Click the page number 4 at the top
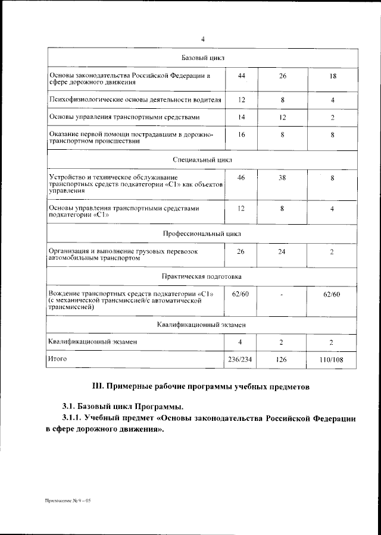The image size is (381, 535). click(x=202, y=39)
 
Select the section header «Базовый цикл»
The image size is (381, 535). click(x=202, y=58)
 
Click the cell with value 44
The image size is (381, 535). click(x=241, y=77)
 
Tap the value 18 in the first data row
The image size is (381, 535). click(x=332, y=77)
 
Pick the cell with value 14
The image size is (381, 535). click(x=241, y=118)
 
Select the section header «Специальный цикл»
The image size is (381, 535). click(x=202, y=160)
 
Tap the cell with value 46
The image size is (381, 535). click(x=241, y=178)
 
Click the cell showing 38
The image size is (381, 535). click(x=282, y=178)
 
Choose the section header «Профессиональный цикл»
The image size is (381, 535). click(x=202, y=234)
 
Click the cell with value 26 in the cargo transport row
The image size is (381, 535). click(x=241, y=251)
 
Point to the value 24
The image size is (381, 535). click(x=282, y=251)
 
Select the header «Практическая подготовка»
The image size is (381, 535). click(x=202, y=276)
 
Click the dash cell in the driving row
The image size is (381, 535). click(x=282, y=295)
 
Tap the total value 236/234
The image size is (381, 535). click(x=241, y=360)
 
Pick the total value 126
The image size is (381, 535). click(x=282, y=360)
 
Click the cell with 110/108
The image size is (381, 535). click(x=332, y=360)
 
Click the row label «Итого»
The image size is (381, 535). click(x=58, y=359)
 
